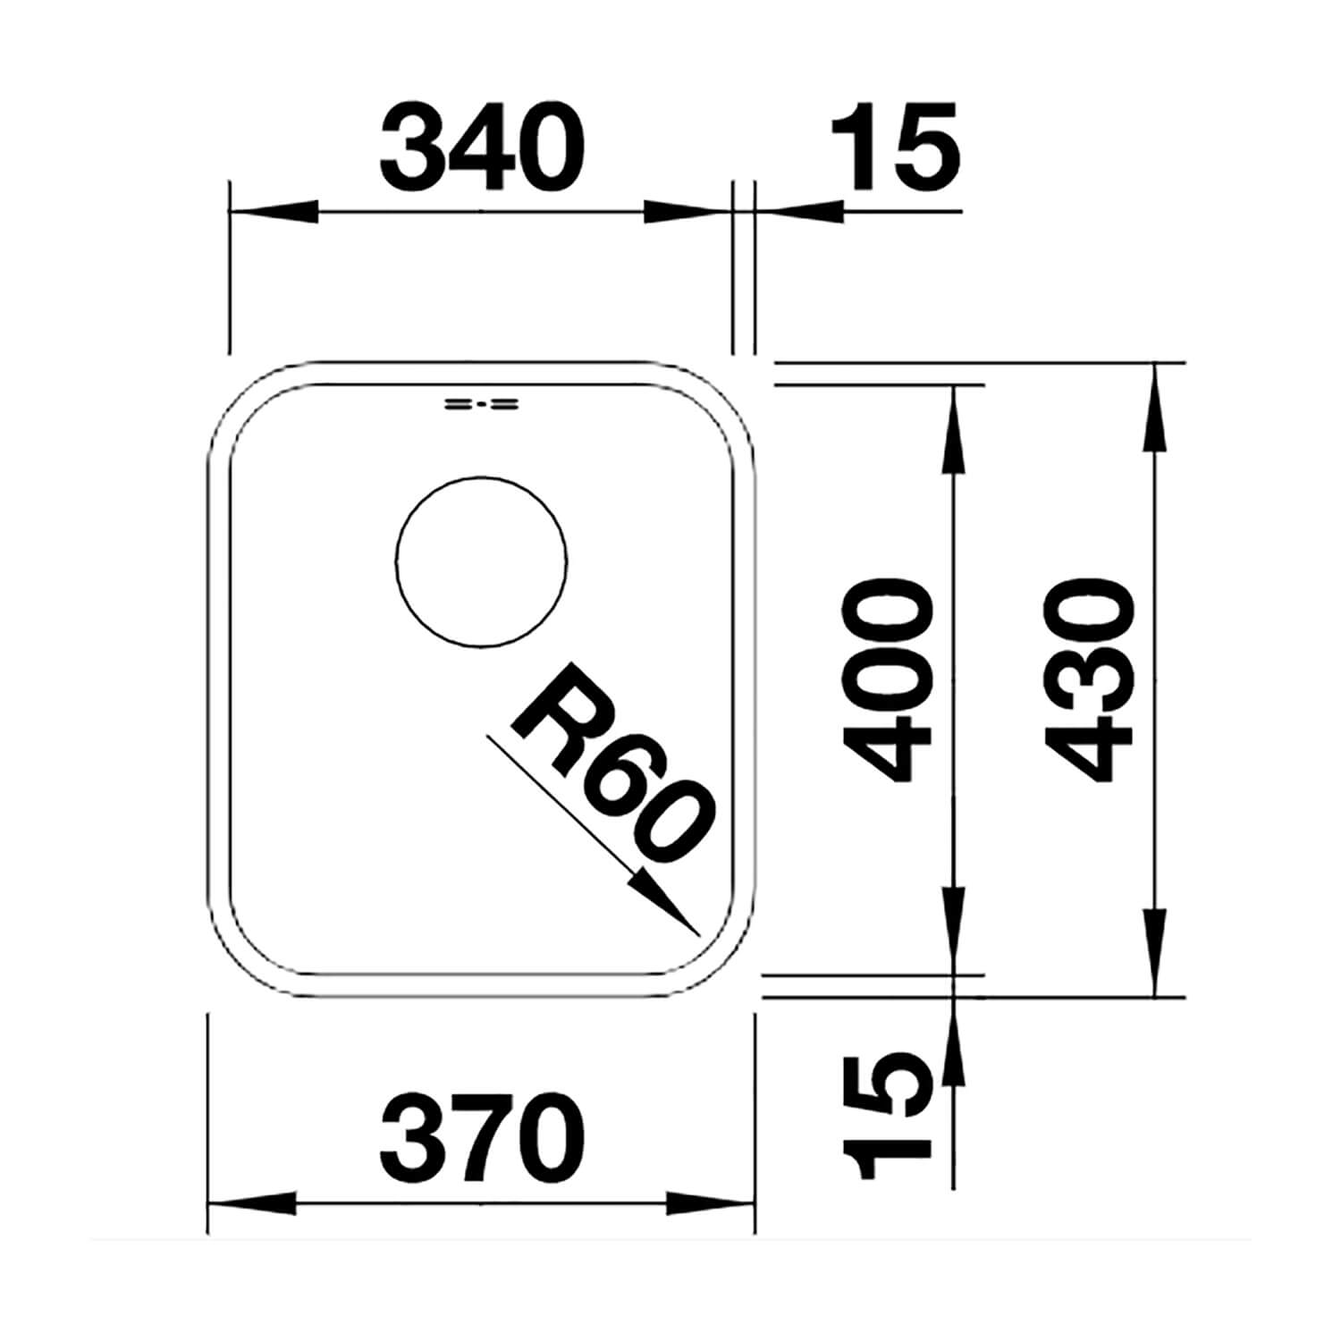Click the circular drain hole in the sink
click(x=481, y=561)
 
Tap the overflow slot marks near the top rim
click(x=481, y=404)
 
